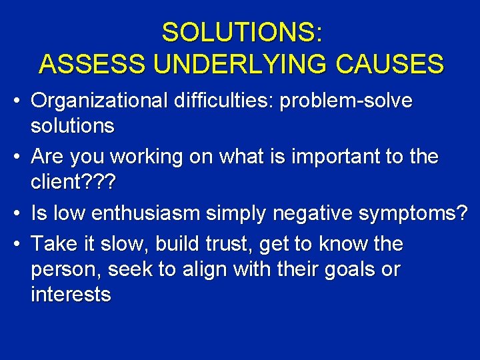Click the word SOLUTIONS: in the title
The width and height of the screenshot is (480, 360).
(x=242, y=32)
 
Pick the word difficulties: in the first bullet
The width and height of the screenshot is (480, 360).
(x=221, y=102)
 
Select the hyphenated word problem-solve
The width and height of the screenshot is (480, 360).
(x=347, y=102)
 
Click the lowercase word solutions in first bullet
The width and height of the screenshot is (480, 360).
(x=73, y=125)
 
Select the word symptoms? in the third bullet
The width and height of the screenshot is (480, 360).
(x=413, y=213)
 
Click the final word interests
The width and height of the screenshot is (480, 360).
(x=71, y=294)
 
